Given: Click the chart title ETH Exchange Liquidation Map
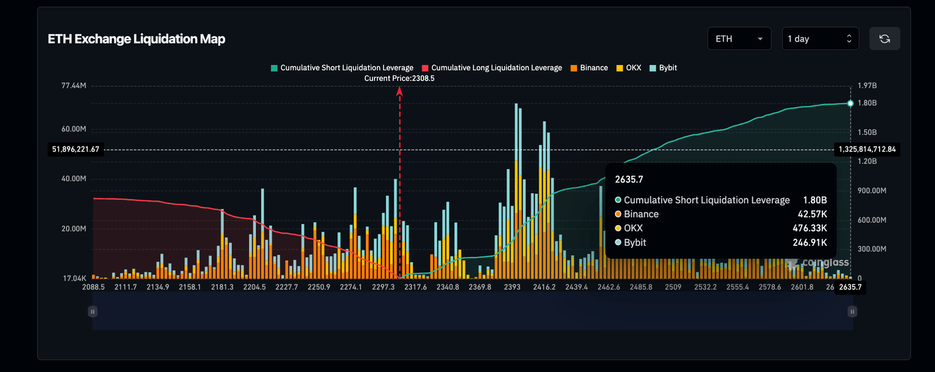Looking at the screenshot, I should coord(136,39).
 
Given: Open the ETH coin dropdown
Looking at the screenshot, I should coord(739,38).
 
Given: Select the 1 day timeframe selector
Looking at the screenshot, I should coord(820,38).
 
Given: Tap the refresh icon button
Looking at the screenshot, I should coord(884,38).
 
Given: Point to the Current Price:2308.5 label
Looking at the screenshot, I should coord(399,79).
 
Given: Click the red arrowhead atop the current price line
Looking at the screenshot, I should coord(400,91).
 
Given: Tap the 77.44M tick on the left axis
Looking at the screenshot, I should coord(74,86).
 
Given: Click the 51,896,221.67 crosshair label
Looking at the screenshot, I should coord(75,149).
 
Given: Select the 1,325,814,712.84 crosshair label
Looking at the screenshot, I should coord(867,149).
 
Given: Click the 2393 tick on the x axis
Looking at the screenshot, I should coord(512,287).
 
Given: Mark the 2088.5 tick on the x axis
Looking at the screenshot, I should coord(93,287).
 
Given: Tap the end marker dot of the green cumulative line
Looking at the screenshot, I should coord(850,103).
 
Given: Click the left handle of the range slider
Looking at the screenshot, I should coord(93,312).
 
